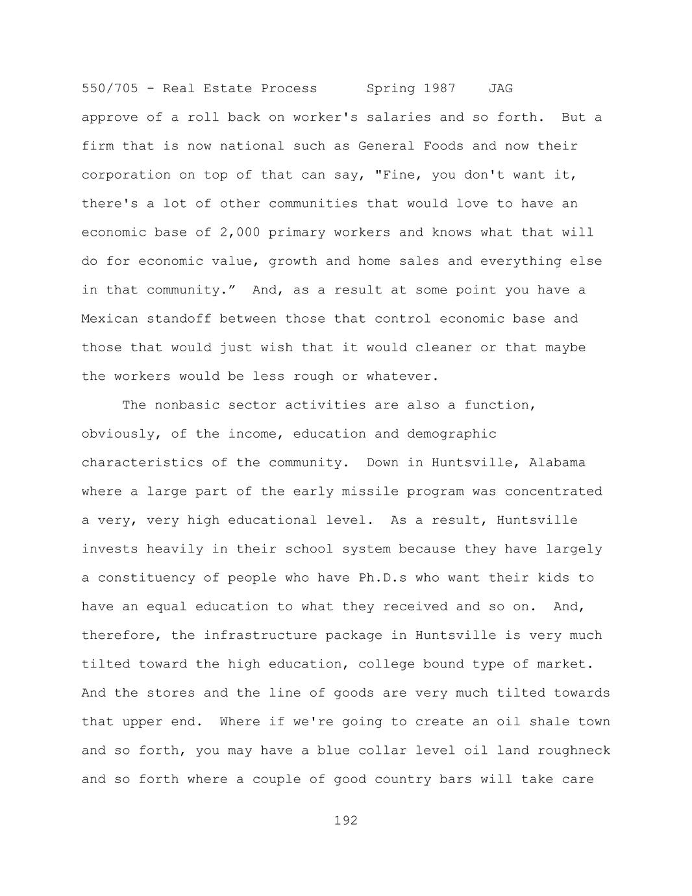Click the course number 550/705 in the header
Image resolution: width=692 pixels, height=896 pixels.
[110, 88]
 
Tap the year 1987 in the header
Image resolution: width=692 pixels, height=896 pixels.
[439, 88]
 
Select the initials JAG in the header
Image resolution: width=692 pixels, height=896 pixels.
[500, 88]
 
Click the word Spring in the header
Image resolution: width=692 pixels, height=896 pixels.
[391, 88]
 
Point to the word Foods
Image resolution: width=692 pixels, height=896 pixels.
[443, 146]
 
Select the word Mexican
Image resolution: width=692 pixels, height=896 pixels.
[110, 319]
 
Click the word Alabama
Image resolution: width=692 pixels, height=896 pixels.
[557, 463]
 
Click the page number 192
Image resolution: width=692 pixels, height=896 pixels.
[346, 821]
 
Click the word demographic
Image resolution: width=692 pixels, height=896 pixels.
[452, 434]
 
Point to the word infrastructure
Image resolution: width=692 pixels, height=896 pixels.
[260, 636]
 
